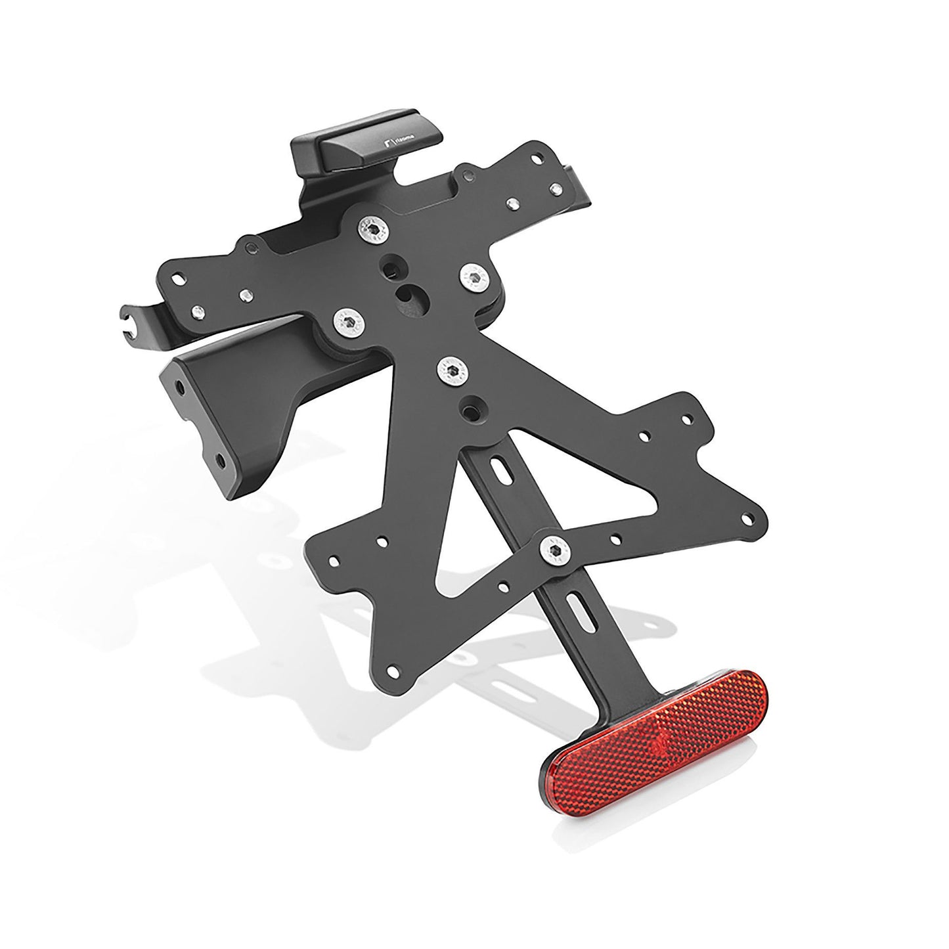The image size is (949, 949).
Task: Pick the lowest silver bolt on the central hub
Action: pyautogui.click(x=452, y=372)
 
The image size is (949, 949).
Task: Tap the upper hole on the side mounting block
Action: pyautogui.click(x=178, y=382)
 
